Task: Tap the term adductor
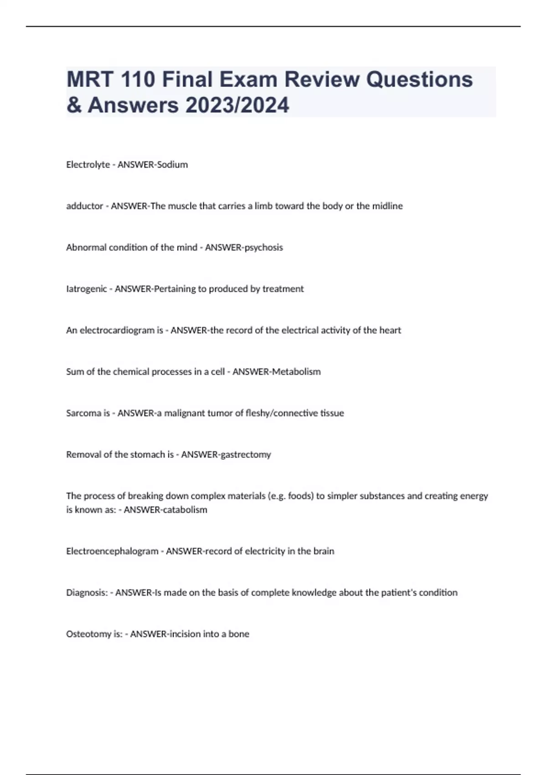[x=84, y=206]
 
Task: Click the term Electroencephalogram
[x=112, y=551]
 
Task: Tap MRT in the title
[x=90, y=79]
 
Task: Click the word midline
[x=387, y=206]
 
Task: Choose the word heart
[x=390, y=331]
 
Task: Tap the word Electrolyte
[x=88, y=165]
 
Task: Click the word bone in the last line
[x=239, y=634]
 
